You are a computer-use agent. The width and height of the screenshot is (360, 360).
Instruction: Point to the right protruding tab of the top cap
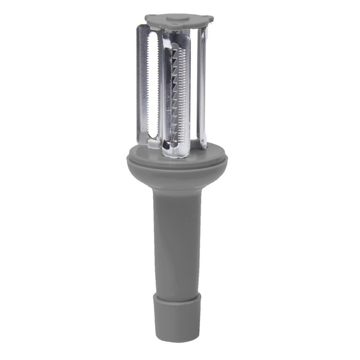pyautogui.click(x=210, y=21)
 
